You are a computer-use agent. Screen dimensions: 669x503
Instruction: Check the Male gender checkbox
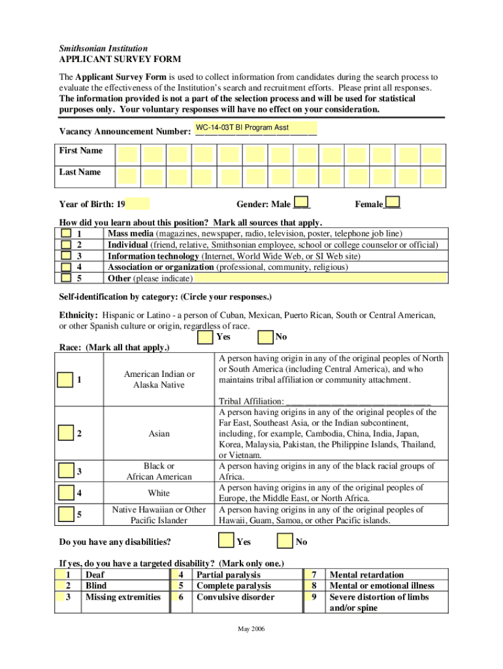(302, 203)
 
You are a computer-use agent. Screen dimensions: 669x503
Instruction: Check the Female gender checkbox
(393, 203)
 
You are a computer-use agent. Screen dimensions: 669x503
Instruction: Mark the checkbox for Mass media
(66, 233)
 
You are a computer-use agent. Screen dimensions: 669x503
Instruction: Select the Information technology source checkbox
(66, 256)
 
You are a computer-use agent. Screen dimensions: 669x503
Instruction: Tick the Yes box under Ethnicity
(205, 337)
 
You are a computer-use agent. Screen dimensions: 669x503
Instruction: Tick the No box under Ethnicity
(265, 337)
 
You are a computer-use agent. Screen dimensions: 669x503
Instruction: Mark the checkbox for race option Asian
(65, 433)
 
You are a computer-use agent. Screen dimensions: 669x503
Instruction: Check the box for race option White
(65, 493)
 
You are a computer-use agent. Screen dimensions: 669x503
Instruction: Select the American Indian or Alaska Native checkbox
(65, 380)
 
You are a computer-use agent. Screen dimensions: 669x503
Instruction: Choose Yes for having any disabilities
(226, 541)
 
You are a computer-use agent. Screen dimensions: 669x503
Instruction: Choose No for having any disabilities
(285, 541)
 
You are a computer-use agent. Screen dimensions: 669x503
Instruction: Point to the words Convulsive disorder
(235, 597)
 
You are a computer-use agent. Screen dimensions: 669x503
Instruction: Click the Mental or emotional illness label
(381, 586)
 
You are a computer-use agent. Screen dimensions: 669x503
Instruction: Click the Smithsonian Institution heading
(103, 48)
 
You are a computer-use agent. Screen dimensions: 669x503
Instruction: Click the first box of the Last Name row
(127, 176)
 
